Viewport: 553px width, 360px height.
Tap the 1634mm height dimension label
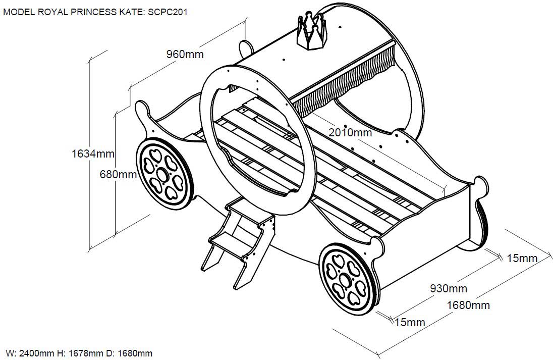[x=93, y=153]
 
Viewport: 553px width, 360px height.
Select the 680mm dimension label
[x=119, y=174]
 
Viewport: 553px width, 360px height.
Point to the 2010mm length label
[x=350, y=132]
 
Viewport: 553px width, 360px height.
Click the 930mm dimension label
[x=448, y=289]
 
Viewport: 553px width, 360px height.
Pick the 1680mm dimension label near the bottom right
[x=468, y=305]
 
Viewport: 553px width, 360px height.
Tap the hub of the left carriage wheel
[x=162, y=175]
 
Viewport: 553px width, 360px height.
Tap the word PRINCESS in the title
[x=97, y=12]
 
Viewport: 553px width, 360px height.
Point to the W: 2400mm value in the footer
[x=30, y=353]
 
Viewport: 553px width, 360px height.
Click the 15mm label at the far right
[x=522, y=258]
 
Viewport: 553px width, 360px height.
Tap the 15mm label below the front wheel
[x=410, y=322]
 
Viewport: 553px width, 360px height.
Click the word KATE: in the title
[x=134, y=12]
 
